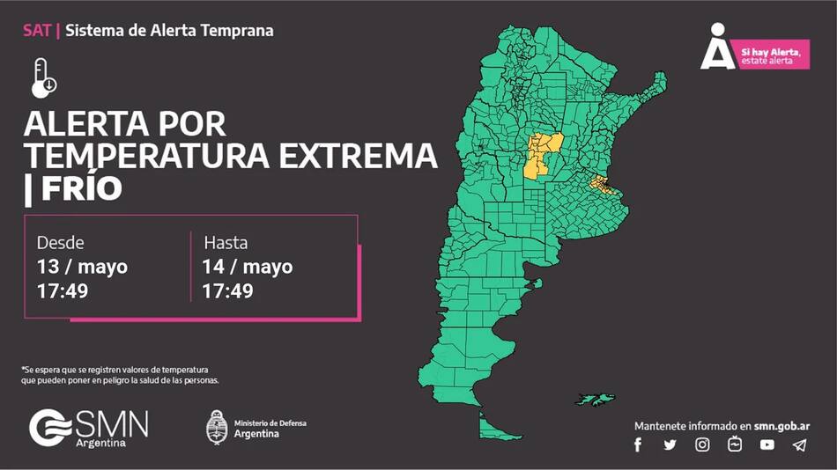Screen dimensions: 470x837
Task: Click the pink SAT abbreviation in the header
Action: pyautogui.click(x=37, y=31)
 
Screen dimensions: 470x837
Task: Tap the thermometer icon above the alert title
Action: pyautogui.click(x=43, y=77)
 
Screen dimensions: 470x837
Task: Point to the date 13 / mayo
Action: pyautogui.click(x=82, y=267)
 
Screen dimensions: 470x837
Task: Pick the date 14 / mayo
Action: pyautogui.click(x=248, y=267)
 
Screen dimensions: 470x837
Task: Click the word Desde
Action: pyautogui.click(x=60, y=243)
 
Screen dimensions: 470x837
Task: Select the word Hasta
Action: pyautogui.click(x=226, y=243)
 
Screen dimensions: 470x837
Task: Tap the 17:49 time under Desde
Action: pyautogui.click(x=62, y=290)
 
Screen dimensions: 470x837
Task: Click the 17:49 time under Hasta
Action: pyautogui.click(x=227, y=290)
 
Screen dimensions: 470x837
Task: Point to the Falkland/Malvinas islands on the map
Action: pyautogui.click(x=596, y=400)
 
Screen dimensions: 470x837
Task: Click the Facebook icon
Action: pyautogui.click(x=638, y=445)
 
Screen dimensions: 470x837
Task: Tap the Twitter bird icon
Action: pyautogui.click(x=670, y=445)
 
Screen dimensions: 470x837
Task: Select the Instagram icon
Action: pyautogui.click(x=702, y=445)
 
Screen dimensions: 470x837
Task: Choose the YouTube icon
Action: pyautogui.click(x=767, y=445)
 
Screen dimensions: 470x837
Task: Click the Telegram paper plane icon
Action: pyautogui.click(x=799, y=445)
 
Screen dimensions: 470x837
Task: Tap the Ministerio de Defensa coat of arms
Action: pyautogui.click(x=217, y=428)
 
